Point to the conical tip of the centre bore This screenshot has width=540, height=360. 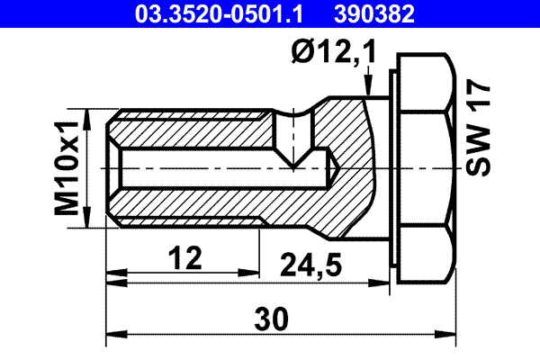click(333, 170)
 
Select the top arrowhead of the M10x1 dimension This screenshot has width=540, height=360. click(87, 115)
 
